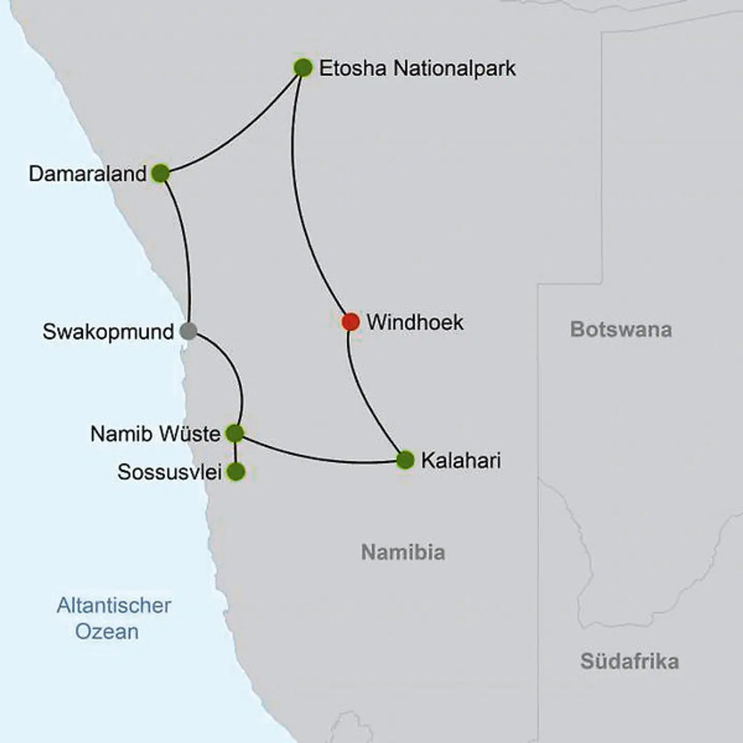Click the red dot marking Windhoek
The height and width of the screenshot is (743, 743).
(350, 322)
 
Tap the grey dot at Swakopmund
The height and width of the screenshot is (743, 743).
(188, 331)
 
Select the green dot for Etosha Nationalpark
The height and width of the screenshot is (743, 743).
(303, 68)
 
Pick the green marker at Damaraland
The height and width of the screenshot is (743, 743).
(160, 174)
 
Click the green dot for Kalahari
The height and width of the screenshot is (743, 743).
(405, 460)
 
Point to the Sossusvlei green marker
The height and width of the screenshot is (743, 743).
(236, 472)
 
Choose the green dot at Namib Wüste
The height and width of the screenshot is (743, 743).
(235, 433)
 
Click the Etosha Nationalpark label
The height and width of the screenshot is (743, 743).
(417, 69)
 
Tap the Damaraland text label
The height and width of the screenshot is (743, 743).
(88, 174)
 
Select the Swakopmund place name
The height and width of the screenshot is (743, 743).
(108, 332)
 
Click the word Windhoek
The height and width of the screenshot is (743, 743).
(415, 322)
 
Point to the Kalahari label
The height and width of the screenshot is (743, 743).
(461, 461)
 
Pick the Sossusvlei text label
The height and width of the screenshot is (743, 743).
(169, 472)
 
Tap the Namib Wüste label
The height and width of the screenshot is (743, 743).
(155, 434)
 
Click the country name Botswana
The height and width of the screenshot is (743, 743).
(621, 330)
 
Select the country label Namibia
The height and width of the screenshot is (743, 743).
(403, 553)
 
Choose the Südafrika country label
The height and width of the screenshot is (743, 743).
(629, 661)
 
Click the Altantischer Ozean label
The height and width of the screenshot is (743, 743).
(114, 618)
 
